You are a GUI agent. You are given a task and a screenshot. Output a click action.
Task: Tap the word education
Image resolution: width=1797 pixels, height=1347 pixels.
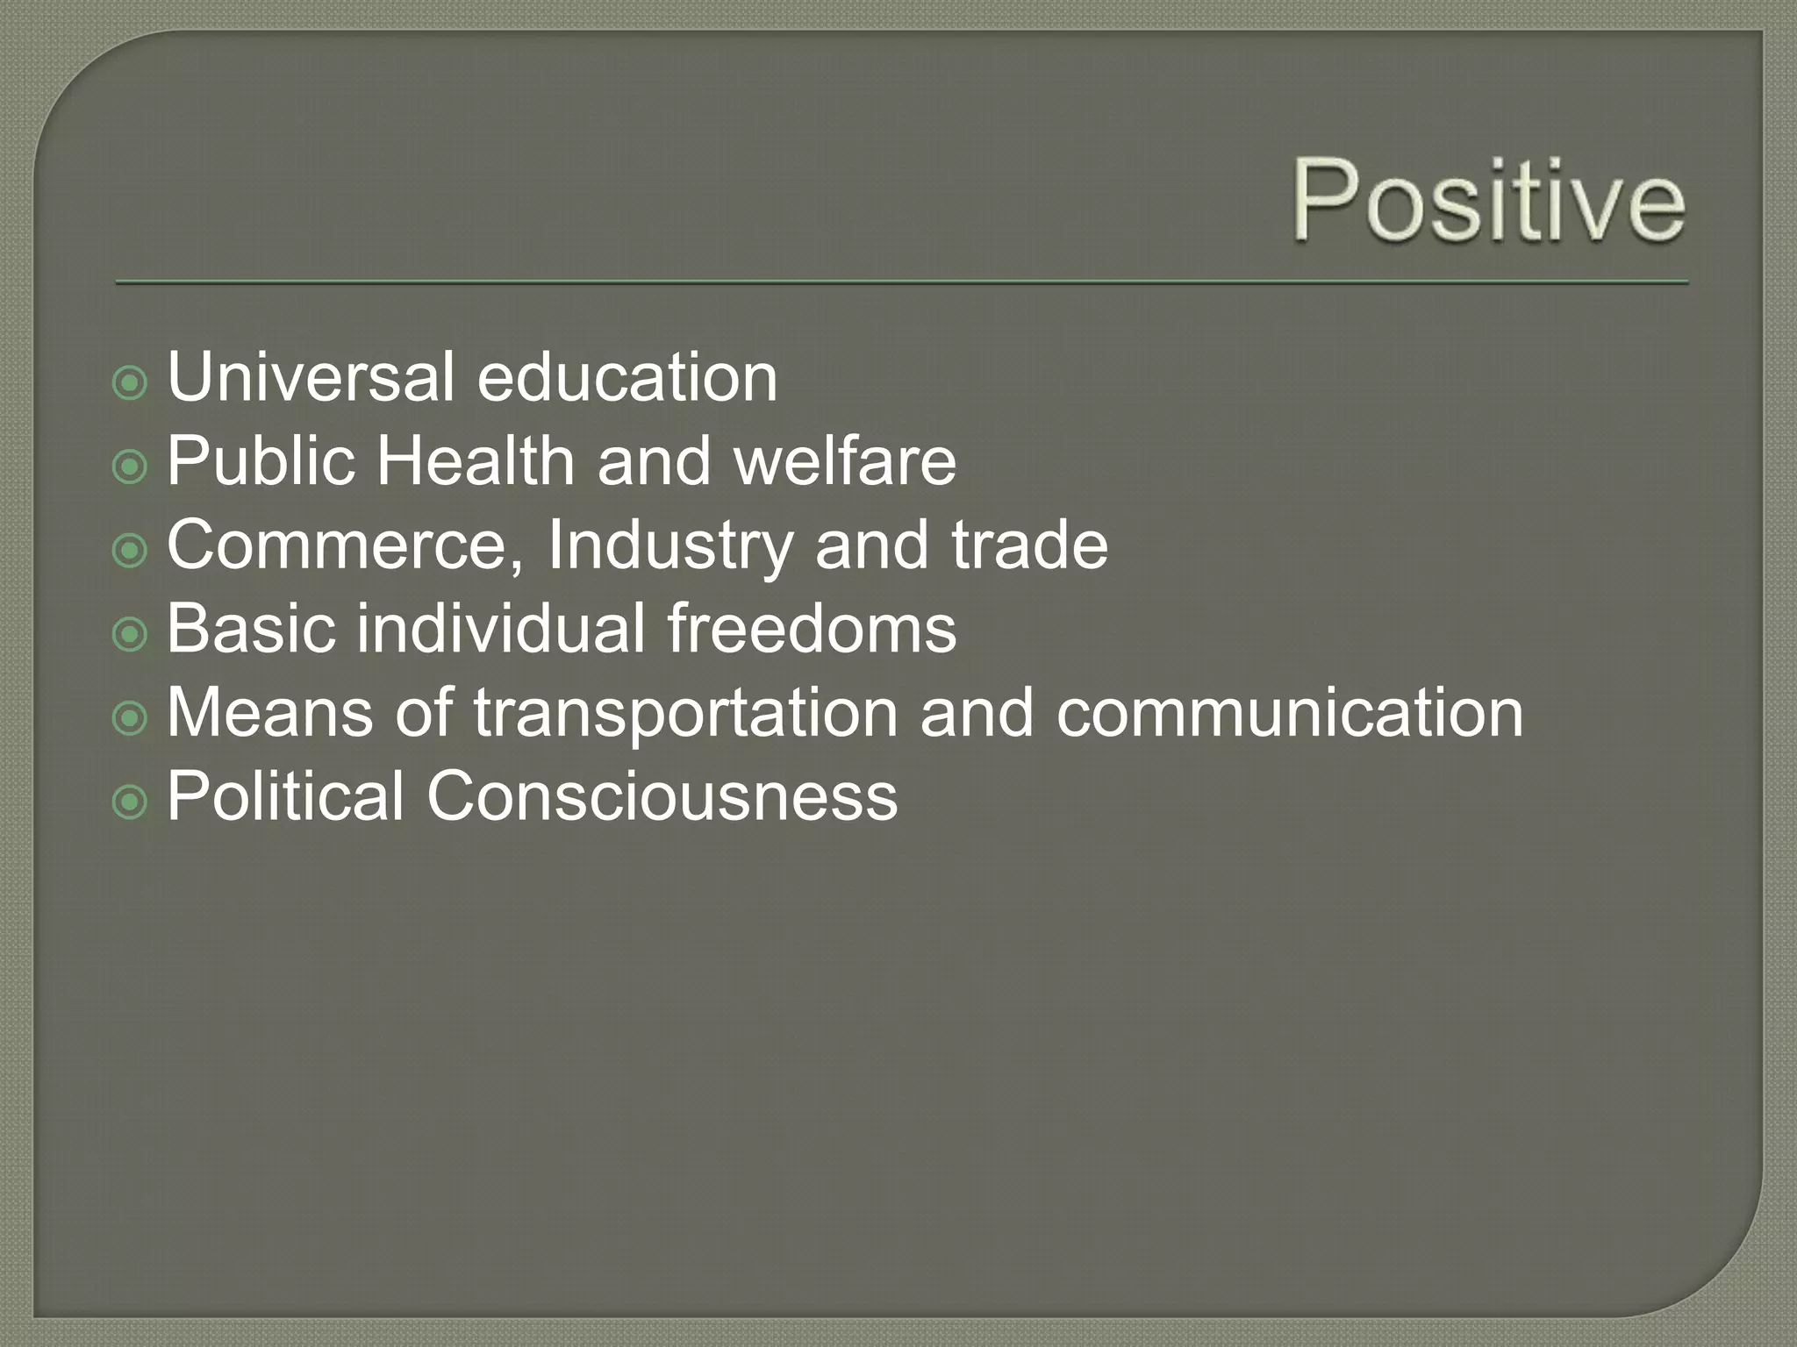[626, 377]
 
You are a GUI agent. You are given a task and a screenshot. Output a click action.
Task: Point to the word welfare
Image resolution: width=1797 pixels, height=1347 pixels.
[845, 461]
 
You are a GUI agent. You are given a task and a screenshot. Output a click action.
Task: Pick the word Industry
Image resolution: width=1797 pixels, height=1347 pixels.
[670, 545]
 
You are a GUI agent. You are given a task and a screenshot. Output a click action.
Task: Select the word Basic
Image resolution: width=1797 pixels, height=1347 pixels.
[251, 629]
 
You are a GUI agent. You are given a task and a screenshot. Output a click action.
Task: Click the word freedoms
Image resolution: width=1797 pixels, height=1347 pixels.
[811, 629]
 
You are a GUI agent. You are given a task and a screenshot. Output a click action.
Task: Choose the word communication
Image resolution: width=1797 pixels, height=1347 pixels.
[1290, 713]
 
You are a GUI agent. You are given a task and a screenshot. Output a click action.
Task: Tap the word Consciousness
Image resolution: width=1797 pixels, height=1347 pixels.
[662, 796]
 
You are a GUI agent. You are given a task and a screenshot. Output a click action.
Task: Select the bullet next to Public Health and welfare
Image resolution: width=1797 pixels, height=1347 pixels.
[130, 467]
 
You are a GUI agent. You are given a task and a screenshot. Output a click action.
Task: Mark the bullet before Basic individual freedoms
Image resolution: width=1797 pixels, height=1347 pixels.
[130, 635]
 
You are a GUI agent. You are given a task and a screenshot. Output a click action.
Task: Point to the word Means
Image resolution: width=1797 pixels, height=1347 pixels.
[269, 713]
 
